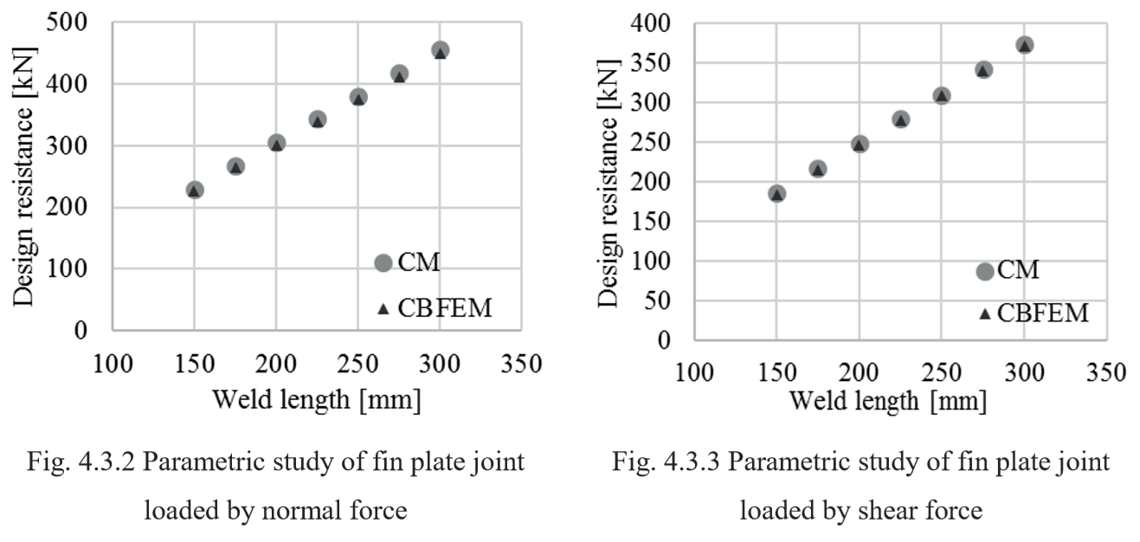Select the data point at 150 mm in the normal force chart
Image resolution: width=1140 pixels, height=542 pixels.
(195, 190)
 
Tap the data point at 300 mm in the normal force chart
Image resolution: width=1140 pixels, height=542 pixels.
(440, 50)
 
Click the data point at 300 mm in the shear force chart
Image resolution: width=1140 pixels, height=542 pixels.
(1025, 45)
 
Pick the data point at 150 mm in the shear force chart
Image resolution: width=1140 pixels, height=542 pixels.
(776, 193)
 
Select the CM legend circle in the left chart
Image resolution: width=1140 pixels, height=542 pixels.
(383, 262)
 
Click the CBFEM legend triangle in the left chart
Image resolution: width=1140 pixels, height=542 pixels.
(383, 308)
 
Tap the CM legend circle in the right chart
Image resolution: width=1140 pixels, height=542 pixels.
(984, 271)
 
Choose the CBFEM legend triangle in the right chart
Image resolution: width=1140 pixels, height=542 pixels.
(984, 313)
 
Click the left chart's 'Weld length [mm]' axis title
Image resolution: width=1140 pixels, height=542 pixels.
(317, 401)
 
